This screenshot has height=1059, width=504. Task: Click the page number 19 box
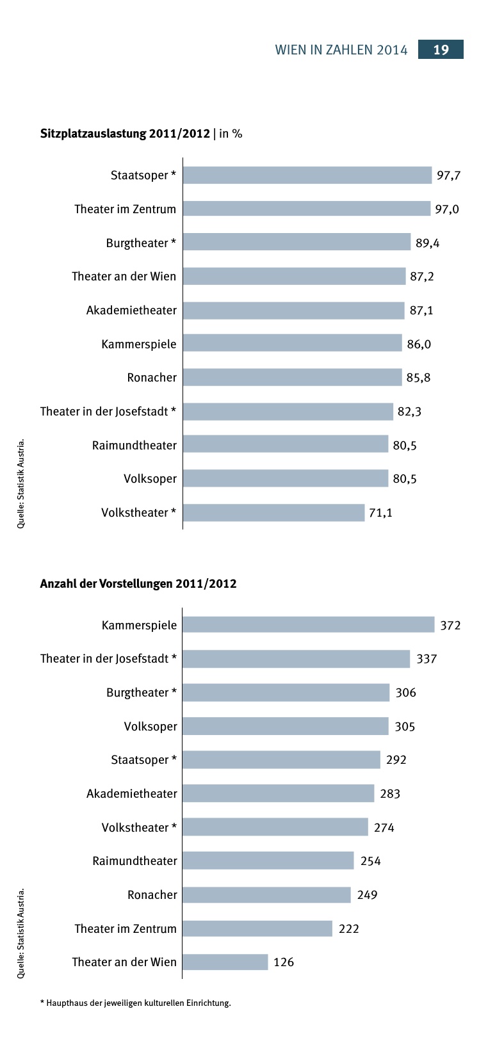(441, 50)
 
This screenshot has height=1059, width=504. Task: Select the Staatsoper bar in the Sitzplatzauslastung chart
(307, 175)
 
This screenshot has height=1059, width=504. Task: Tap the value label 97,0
(447, 209)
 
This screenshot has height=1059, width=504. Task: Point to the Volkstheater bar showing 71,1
(273, 513)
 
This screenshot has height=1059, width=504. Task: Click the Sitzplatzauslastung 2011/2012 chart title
(141, 134)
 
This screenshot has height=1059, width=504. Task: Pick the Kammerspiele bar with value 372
(308, 625)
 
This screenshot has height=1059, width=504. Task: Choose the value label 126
(284, 962)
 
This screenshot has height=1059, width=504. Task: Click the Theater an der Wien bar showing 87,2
(294, 277)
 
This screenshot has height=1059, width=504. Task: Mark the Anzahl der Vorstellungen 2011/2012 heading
(138, 584)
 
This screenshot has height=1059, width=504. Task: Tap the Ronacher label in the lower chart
(152, 895)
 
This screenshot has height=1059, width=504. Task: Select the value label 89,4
(427, 243)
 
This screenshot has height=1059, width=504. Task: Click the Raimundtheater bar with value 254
(268, 861)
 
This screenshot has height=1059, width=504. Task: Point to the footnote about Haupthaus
(135, 1003)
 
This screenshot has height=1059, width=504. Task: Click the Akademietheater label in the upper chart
(131, 311)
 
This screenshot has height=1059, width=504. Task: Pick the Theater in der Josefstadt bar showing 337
(296, 659)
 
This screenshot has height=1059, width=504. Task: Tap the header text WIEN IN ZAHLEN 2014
(341, 51)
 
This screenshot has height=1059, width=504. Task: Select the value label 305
(405, 727)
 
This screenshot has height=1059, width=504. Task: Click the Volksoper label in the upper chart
(150, 479)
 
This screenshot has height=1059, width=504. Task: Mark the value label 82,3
(409, 412)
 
